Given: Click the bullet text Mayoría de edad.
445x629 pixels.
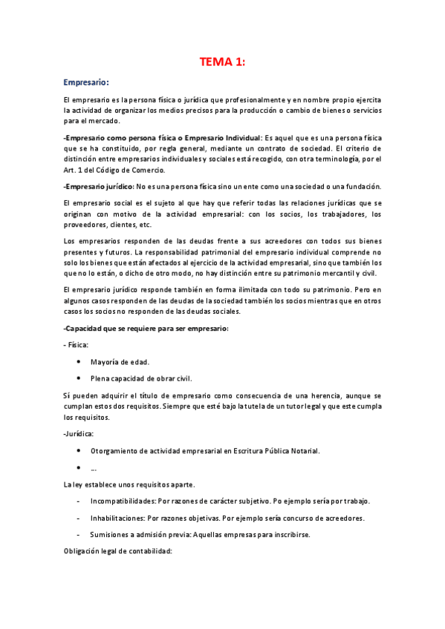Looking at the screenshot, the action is (120, 362).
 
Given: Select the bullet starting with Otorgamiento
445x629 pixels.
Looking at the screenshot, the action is (206, 450).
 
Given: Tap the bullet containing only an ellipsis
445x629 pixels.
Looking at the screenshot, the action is (93, 468).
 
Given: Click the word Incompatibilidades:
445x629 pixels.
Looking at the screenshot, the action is (124, 501).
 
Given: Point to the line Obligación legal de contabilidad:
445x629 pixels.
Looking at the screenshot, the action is (118, 551).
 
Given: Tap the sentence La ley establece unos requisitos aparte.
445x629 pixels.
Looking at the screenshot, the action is (129, 484).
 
